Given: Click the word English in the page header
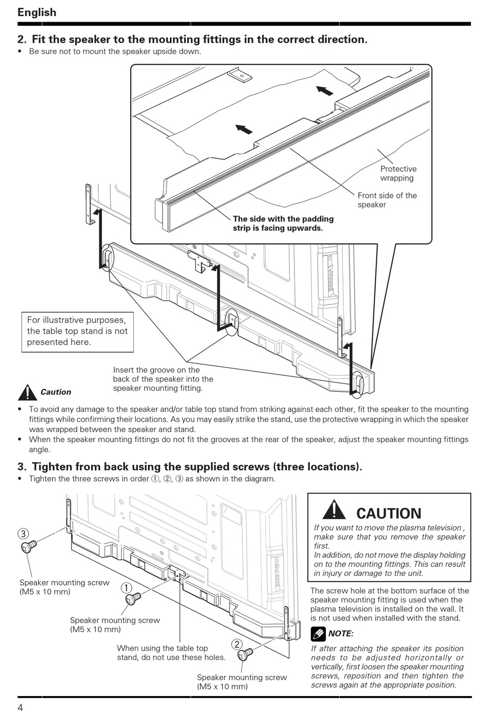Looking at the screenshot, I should coord(37,12).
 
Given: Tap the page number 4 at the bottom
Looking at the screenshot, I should coord(20,706).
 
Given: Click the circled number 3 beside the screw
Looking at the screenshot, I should coord(23,534).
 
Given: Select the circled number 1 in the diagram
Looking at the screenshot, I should coord(127,588).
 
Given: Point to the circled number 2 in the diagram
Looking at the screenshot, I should coord(237,644).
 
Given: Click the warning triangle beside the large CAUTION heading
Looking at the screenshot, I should coord(334,510).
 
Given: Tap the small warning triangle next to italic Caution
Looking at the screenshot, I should coord(26,392).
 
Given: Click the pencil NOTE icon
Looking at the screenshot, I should coord(318,633).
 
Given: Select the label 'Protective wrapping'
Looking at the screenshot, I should coord(398,173).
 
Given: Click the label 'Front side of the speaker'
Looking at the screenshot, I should coord(387,200).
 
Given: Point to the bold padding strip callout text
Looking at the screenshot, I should coord(283,223).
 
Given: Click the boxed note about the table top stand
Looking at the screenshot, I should coord(77,331).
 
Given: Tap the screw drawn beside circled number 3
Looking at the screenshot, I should coord(28,546).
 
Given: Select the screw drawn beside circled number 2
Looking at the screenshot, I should coord(245,654).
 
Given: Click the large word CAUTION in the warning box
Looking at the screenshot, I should coord(388,513).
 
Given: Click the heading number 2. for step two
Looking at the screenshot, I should coord(22,40).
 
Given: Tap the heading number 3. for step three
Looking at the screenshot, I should coord(22,467).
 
